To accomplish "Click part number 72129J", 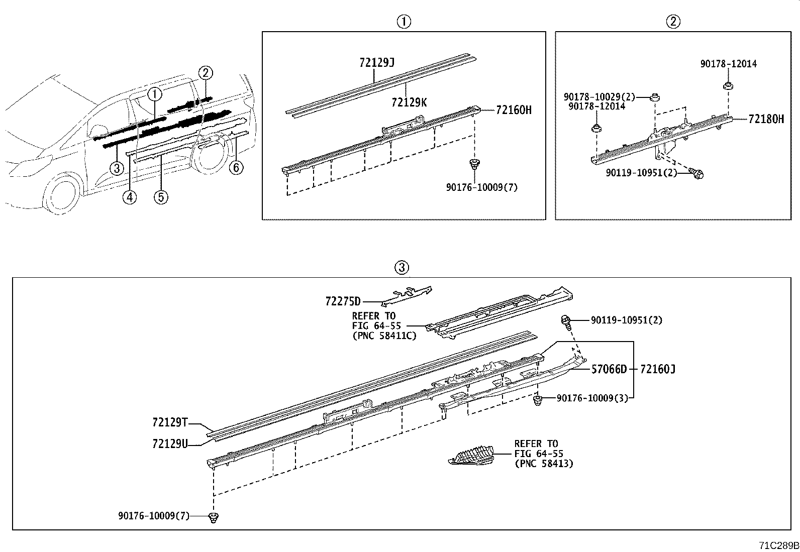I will pos(377,63).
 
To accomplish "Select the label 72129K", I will pos(409,102).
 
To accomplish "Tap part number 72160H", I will pos(513,110).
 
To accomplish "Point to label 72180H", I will pos(766,119).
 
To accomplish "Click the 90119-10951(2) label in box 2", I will pos(641,173).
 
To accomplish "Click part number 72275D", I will pos(343,301).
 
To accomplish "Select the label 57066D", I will pos(609,370).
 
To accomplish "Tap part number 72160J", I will pos(658,370).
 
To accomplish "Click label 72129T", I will pos(169,422).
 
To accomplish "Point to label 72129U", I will pos(169,444).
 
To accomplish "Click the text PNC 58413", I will pos(543,463).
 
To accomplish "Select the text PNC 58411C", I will pos(384,336).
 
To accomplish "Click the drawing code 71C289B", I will pos(778,545).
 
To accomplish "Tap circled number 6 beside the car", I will pos(236,167).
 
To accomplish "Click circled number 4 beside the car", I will pos(130,197).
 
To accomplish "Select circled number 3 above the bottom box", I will pos(402,268).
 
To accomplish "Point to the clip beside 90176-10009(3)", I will pos(538,400).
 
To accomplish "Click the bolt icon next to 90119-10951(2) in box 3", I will pos(566,320).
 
